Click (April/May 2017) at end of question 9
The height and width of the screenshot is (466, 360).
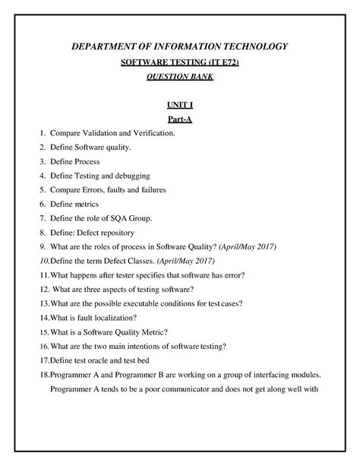248,246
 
